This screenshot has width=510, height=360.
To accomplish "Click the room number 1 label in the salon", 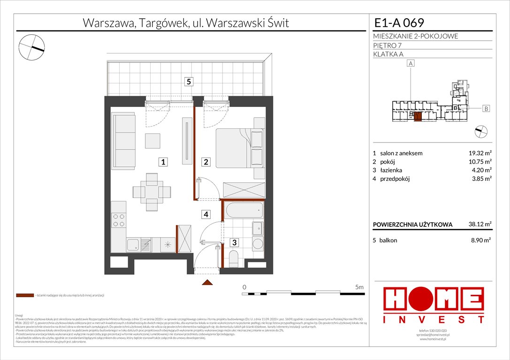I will (x=163, y=162).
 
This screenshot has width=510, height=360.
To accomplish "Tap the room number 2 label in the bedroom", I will (x=206, y=162).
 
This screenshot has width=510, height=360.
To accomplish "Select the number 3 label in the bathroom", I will (x=234, y=242).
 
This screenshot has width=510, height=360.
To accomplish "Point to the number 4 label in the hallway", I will (x=206, y=215).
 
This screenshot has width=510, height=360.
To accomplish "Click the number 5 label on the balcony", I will (x=188, y=82).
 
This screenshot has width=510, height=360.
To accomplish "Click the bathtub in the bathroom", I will (x=243, y=210).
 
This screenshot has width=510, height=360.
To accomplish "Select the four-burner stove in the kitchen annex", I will (x=119, y=220).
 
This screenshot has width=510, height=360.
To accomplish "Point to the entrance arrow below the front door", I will (x=206, y=283).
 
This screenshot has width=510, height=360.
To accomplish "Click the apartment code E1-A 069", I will (x=399, y=22).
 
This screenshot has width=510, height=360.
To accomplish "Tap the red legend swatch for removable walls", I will (x=24, y=296).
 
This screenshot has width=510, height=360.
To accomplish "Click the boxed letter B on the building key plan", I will (x=486, y=109).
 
